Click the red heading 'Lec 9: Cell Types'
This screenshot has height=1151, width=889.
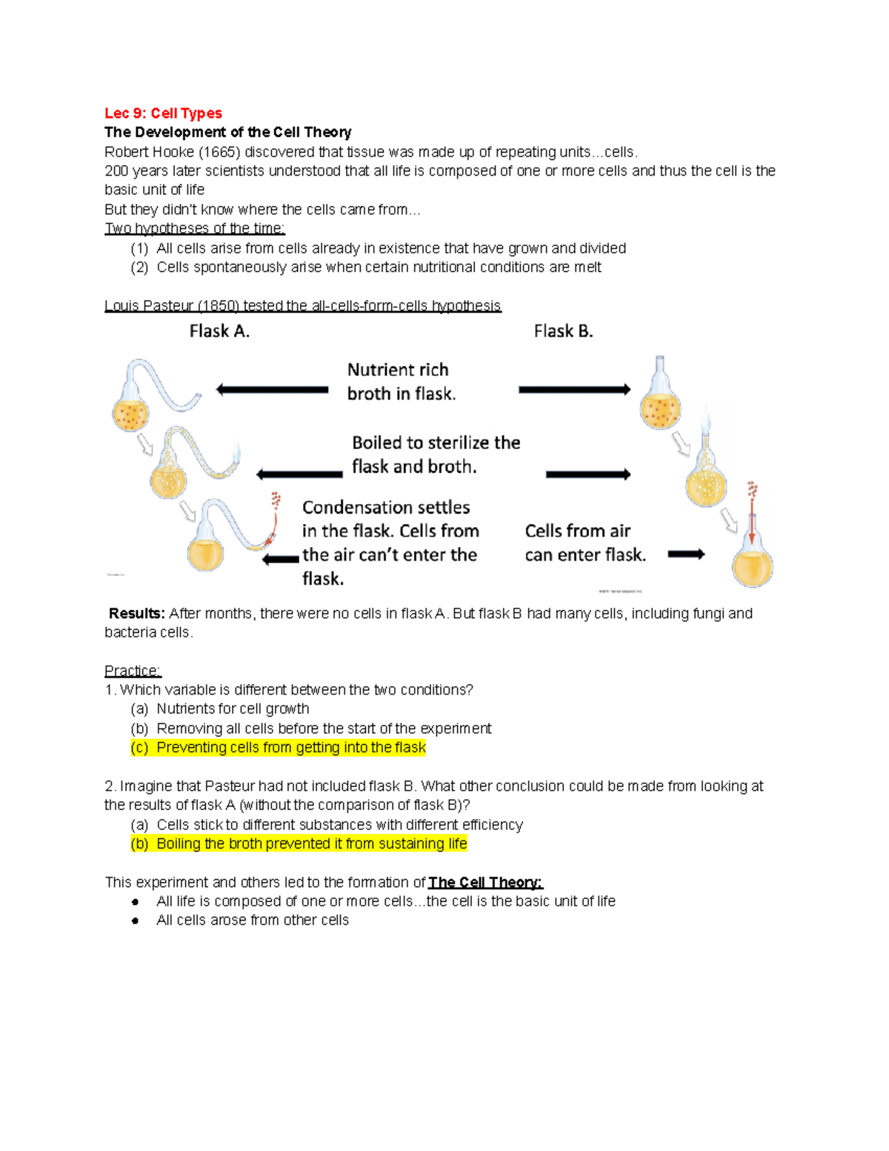[x=163, y=113]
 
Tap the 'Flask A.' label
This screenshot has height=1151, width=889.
[x=219, y=331]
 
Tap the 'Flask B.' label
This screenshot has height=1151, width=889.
[x=563, y=331]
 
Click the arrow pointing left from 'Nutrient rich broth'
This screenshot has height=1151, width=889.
[x=272, y=390]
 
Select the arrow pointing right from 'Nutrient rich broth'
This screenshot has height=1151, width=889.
[x=574, y=390]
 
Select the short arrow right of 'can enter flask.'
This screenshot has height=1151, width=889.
[x=686, y=554]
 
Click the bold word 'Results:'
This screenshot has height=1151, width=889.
[x=136, y=614]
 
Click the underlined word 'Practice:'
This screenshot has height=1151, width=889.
[x=133, y=671]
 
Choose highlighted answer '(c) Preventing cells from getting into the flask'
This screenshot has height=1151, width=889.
[x=279, y=748]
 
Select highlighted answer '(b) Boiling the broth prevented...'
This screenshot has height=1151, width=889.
[x=299, y=844]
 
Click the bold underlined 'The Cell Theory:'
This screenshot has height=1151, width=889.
[x=485, y=882]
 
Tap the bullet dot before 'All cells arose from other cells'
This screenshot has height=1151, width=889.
[x=135, y=921]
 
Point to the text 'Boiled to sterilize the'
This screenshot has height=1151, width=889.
[x=436, y=443]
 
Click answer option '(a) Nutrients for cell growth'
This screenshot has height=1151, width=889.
[x=220, y=709]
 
